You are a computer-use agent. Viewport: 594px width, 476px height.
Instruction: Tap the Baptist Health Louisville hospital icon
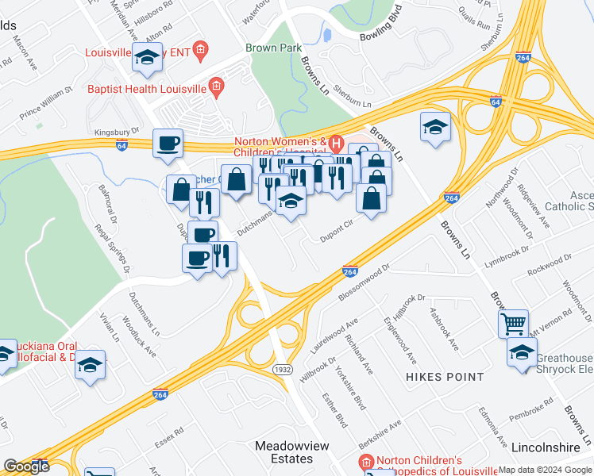click(214, 88)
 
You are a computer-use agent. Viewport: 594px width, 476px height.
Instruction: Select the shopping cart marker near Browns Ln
click(513, 323)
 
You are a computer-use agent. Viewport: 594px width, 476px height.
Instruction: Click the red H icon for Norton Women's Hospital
click(336, 144)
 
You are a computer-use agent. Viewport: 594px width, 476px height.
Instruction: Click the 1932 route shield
click(282, 370)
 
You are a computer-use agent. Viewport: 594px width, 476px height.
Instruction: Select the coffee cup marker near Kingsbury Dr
click(168, 144)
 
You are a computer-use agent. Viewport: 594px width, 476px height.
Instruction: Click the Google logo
click(25, 466)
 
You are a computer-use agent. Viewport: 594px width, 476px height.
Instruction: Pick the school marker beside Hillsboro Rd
click(147, 57)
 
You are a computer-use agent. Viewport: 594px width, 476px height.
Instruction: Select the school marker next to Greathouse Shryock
click(521, 352)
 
